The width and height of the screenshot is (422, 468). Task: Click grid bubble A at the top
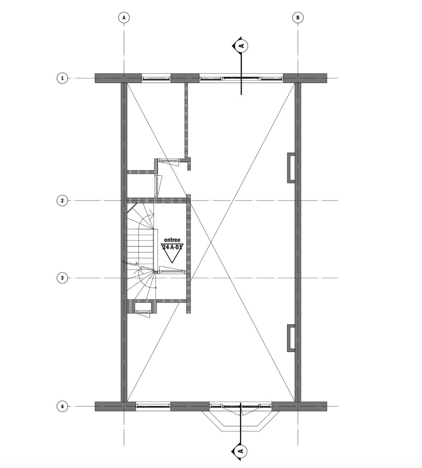coord(124,18)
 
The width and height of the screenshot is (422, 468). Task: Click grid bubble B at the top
coord(298,18)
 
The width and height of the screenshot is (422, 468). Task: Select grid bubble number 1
coord(62,78)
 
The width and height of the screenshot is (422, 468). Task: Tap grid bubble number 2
coord(62,200)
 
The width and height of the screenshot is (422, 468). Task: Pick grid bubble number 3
coord(62,278)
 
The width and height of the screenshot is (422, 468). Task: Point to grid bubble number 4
coord(62,406)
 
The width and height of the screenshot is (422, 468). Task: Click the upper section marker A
coord(242,46)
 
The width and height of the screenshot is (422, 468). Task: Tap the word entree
coord(172,240)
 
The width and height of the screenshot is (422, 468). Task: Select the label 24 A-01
coord(172,247)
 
